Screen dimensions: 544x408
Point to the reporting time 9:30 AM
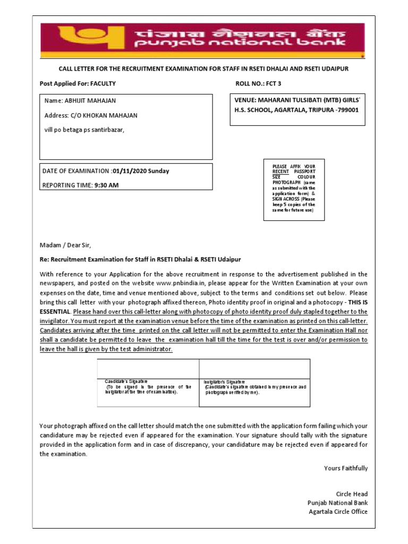click(x=106, y=185)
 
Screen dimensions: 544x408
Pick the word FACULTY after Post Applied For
click(x=103, y=84)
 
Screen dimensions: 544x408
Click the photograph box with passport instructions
click(x=294, y=189)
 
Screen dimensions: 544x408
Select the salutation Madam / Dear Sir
click(x=65, y=245)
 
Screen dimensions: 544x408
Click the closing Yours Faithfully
click(x=346, y=468)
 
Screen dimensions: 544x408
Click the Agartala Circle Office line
click(x=338, y=512)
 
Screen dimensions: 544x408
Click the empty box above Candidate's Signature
click(x=148, y=369)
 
